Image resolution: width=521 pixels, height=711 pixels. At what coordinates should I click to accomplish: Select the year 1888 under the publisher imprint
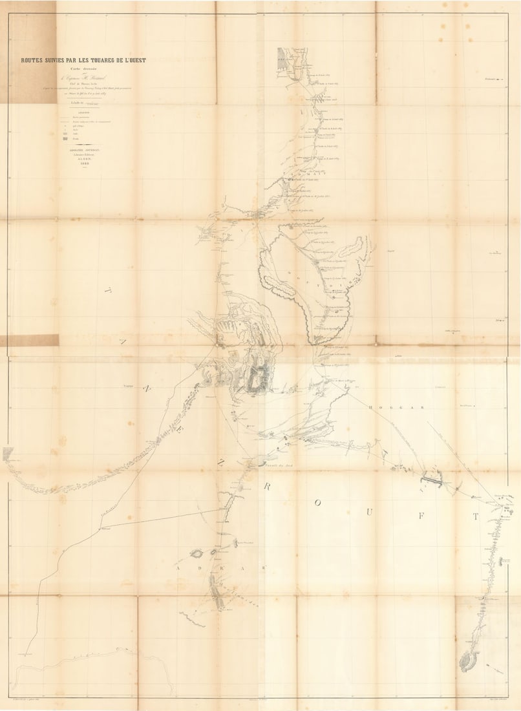coord(83,164)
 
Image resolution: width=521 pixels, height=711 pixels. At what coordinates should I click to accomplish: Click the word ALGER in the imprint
coord(83,159)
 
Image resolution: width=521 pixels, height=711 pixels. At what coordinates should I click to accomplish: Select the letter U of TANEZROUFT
coord(369,511)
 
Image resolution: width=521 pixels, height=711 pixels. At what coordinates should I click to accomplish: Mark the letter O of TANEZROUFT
coord(317,502)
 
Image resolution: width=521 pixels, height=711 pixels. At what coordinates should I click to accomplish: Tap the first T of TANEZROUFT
coord(105,292)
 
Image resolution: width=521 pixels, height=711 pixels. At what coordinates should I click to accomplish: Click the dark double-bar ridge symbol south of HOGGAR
coord(431,480)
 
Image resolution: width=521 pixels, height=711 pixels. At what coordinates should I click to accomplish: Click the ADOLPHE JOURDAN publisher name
coord(83,149)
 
